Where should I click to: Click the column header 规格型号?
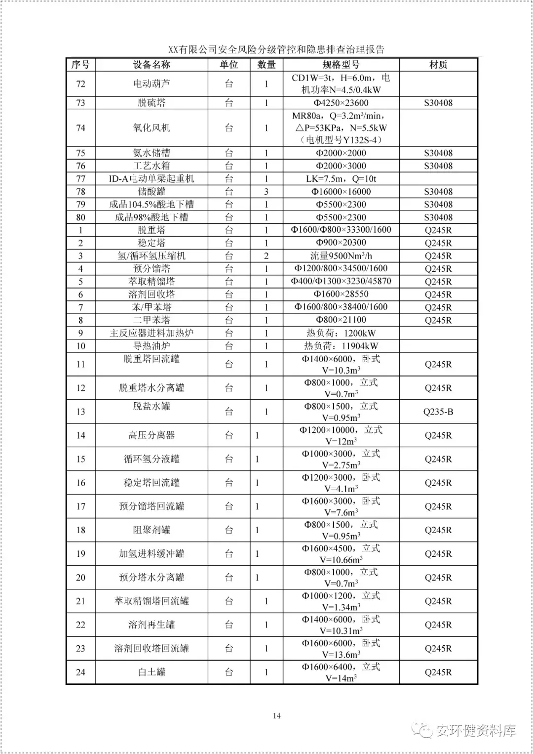pos(341,65)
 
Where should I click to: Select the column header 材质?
pos(438,65)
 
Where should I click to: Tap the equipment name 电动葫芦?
pos(152,84)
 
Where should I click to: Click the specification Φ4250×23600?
pos(341,103)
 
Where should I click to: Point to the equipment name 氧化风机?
pos(152,127)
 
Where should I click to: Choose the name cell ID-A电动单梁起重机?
pos(152,179)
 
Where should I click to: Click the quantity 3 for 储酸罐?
pos(266,192)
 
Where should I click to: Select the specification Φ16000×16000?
pos(341,192)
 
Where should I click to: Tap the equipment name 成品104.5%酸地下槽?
pos(152,205)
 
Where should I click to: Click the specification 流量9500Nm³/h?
pos(341,256)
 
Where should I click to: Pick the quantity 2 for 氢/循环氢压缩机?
pos(266,256)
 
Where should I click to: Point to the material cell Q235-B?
pos(438,412)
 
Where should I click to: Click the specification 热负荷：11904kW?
pos(341,346)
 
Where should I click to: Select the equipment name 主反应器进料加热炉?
pos(152,333)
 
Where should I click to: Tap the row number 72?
pos(81,84)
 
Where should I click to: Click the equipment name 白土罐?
pos(152,672)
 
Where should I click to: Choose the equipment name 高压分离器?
pos(152,435)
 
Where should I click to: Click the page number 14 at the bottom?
pos(276,715)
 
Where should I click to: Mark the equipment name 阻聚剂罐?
pos(152,530)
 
